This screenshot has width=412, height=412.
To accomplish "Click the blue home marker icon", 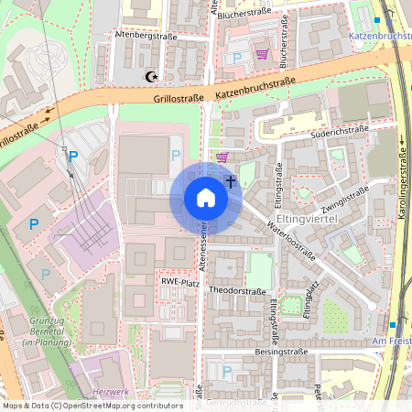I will (x=205, y=198).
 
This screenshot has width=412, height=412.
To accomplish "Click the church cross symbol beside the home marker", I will (x=231, y=181).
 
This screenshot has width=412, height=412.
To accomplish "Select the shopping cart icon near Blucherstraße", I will (x=262, y=54).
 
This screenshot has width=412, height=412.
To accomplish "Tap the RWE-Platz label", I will (x=180, y=283).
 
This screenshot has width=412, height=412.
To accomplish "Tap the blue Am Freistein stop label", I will (x=394, y=341).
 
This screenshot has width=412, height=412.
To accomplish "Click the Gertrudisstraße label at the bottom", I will (x=239, y=401).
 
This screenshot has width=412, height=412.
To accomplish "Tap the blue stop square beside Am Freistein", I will (x=392, y=325).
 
